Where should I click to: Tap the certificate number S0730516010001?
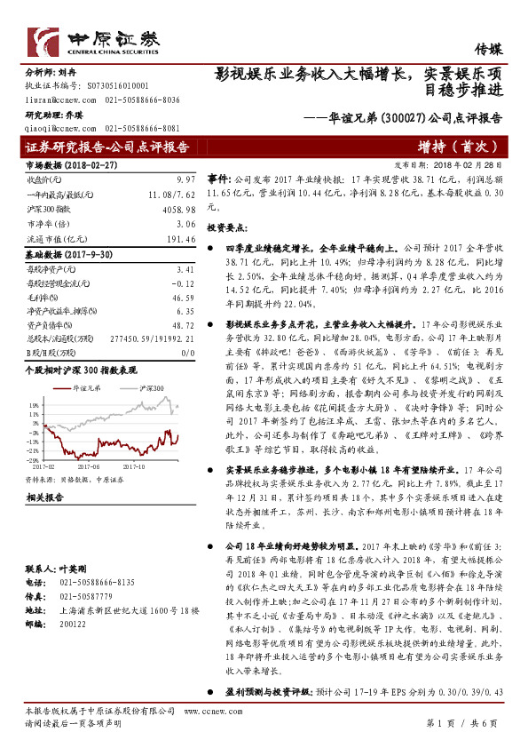point(113,86)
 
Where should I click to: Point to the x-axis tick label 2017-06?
point(87,464)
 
